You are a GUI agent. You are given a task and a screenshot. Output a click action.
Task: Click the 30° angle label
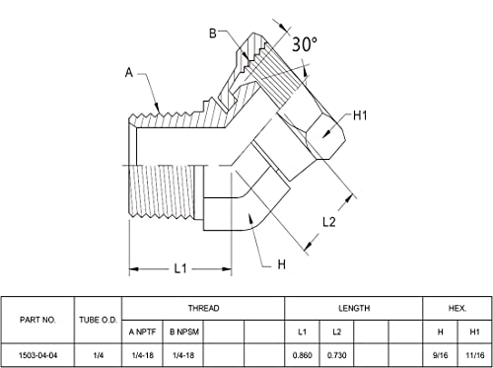point(305,44)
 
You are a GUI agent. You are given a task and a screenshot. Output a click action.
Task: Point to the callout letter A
point(129,72)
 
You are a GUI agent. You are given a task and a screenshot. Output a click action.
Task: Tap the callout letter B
point(213,34)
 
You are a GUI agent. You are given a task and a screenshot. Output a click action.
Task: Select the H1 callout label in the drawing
point(360,115)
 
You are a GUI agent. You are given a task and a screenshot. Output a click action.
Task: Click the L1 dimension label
point(180,269)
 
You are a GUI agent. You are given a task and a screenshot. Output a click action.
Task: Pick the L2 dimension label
point(329,222)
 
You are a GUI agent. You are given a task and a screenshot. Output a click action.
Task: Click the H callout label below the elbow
point(282,264)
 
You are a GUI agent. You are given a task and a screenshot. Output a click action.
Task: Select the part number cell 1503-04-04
point(37,355)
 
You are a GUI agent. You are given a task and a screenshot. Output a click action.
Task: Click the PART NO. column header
point(37,320)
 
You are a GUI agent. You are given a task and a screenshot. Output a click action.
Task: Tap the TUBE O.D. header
point(98,320)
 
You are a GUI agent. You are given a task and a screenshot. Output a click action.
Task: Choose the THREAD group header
point(203,308)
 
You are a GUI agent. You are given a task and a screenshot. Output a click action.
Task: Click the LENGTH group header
point(354,308)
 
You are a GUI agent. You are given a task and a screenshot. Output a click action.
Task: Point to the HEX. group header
point(458,308)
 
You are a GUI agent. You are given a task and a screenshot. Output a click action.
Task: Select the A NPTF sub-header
point(142,331)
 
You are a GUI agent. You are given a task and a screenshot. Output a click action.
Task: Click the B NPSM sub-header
point(184,331)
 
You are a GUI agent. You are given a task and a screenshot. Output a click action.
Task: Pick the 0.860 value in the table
point(303,355)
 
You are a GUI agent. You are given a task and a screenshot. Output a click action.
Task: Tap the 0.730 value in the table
point(337,355)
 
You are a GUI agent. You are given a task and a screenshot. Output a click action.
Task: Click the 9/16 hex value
point(440,355)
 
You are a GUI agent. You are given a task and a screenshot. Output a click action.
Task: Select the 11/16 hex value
point(475,355)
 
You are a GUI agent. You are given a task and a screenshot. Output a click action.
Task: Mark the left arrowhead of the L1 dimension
point(133,269)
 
